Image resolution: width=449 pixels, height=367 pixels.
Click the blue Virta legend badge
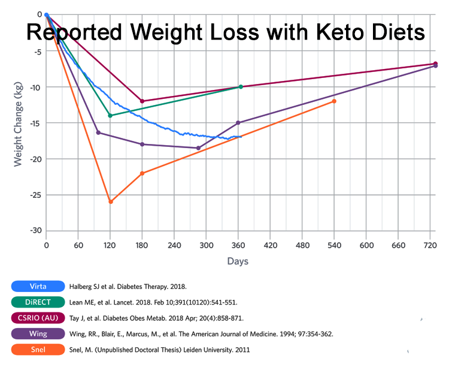click(x=37, y=286)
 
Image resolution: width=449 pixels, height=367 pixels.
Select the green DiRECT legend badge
click(x=37, y=302)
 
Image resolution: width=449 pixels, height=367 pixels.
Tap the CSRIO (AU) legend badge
click(x=37, y=318)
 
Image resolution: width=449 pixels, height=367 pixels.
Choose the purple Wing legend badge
click(x=37, y=333)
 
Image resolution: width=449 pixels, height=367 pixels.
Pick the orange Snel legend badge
click(x=37, y=349)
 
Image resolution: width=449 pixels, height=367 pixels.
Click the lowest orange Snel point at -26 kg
click(x=111, y=201)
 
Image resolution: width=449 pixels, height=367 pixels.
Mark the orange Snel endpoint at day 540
click(x=334, y=101)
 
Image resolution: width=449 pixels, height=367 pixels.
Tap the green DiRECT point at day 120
click(x=110, y=115)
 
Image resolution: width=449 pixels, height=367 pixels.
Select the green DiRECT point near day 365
click(x=241, y=86)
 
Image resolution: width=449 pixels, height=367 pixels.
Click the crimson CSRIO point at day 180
click(x=142, y=101)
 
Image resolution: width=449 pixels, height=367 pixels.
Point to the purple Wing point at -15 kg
click(x=238, y=122)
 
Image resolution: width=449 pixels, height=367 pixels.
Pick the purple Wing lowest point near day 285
click(x=198, y=148)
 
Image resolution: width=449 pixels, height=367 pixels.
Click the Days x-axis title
click(x=237, y=261)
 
